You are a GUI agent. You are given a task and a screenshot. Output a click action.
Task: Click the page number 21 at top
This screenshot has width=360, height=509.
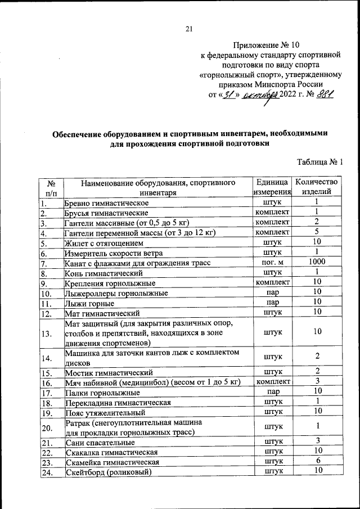pos(189,29)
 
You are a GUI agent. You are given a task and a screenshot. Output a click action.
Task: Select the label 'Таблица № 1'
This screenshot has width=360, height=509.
pos(319,163)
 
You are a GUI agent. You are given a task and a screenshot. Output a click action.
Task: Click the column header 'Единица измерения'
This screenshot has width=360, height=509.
pos(272,187)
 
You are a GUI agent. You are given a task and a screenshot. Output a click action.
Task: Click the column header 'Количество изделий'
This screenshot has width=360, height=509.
pos(317,187)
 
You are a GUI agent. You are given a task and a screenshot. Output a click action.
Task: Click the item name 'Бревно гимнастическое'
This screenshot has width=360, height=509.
pos(107,202)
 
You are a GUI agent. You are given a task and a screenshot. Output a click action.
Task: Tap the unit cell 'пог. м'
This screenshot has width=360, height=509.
pos(272,263)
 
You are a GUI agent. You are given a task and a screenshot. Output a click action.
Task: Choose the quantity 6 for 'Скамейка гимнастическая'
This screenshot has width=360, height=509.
pos(317,461)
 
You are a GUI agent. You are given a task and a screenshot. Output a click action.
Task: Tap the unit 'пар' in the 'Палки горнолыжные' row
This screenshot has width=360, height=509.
pos(272,392)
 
